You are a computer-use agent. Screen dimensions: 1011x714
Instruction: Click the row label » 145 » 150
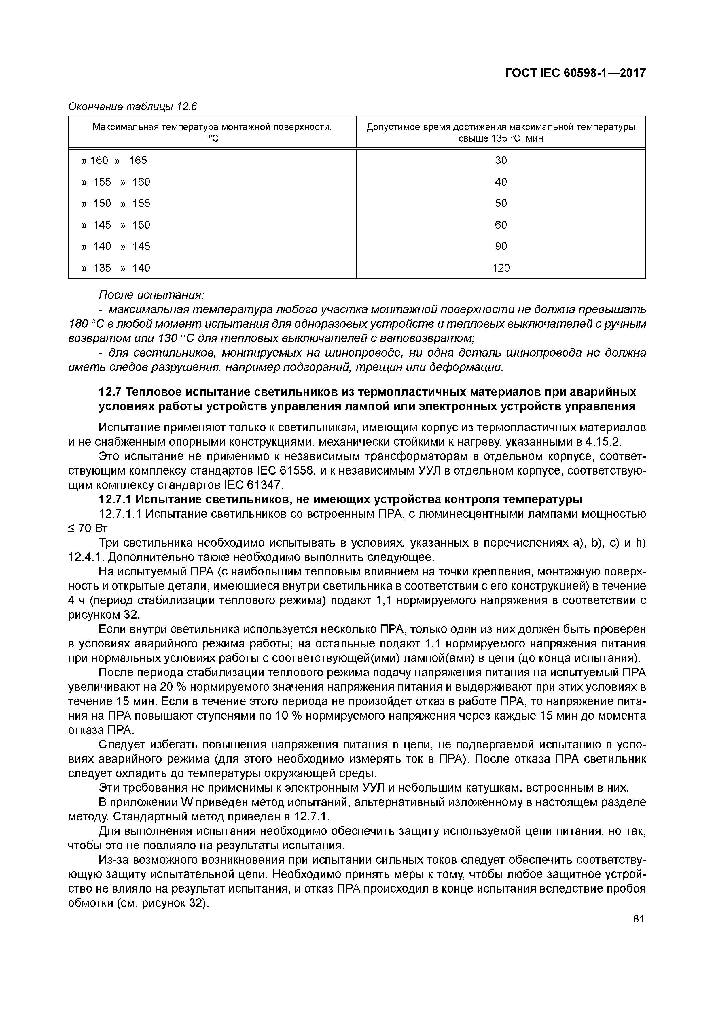coord(116,225)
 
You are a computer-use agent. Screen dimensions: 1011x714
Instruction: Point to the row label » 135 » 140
coord(116,268)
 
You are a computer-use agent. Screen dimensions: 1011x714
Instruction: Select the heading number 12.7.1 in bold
coord(114,500)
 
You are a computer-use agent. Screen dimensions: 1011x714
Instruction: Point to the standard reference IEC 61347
coord(251,485)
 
